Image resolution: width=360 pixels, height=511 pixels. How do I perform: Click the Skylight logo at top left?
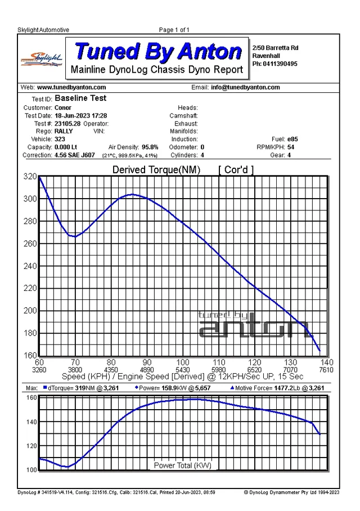(x=42, y=60)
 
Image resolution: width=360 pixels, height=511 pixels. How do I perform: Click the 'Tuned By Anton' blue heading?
(x=158, y=51)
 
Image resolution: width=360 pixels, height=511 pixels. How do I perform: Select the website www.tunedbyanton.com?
(x=71, y=87)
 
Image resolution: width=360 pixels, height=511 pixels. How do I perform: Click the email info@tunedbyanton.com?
(x=245, y=87)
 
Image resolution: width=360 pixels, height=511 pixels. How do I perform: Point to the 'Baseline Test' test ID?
(x=80, y=98)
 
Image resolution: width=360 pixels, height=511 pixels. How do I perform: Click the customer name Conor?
(x=63, y=107)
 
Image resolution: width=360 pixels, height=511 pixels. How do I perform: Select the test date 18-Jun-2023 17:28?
(x=81, y=116)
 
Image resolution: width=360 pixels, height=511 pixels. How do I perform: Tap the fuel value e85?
(x=292, y=139)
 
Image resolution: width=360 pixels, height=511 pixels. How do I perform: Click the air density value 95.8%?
(x=150, y=147)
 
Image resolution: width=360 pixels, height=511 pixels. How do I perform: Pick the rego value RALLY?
(x=64, y=131)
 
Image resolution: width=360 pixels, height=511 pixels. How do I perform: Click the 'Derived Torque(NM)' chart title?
(x=156, y=170)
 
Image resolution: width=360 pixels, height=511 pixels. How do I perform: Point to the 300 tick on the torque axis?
(x=30, y=199)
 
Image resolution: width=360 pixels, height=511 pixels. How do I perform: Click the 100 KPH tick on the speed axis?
(x=183, y=362)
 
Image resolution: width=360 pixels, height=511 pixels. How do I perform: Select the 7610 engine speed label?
(x=326, y=370)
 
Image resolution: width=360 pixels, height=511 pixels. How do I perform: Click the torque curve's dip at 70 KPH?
(x=75, y=236)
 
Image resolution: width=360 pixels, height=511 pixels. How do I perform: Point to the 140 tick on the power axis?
(x=31, y=422)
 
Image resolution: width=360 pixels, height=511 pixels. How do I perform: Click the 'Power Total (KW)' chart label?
(x=182, y=465)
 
